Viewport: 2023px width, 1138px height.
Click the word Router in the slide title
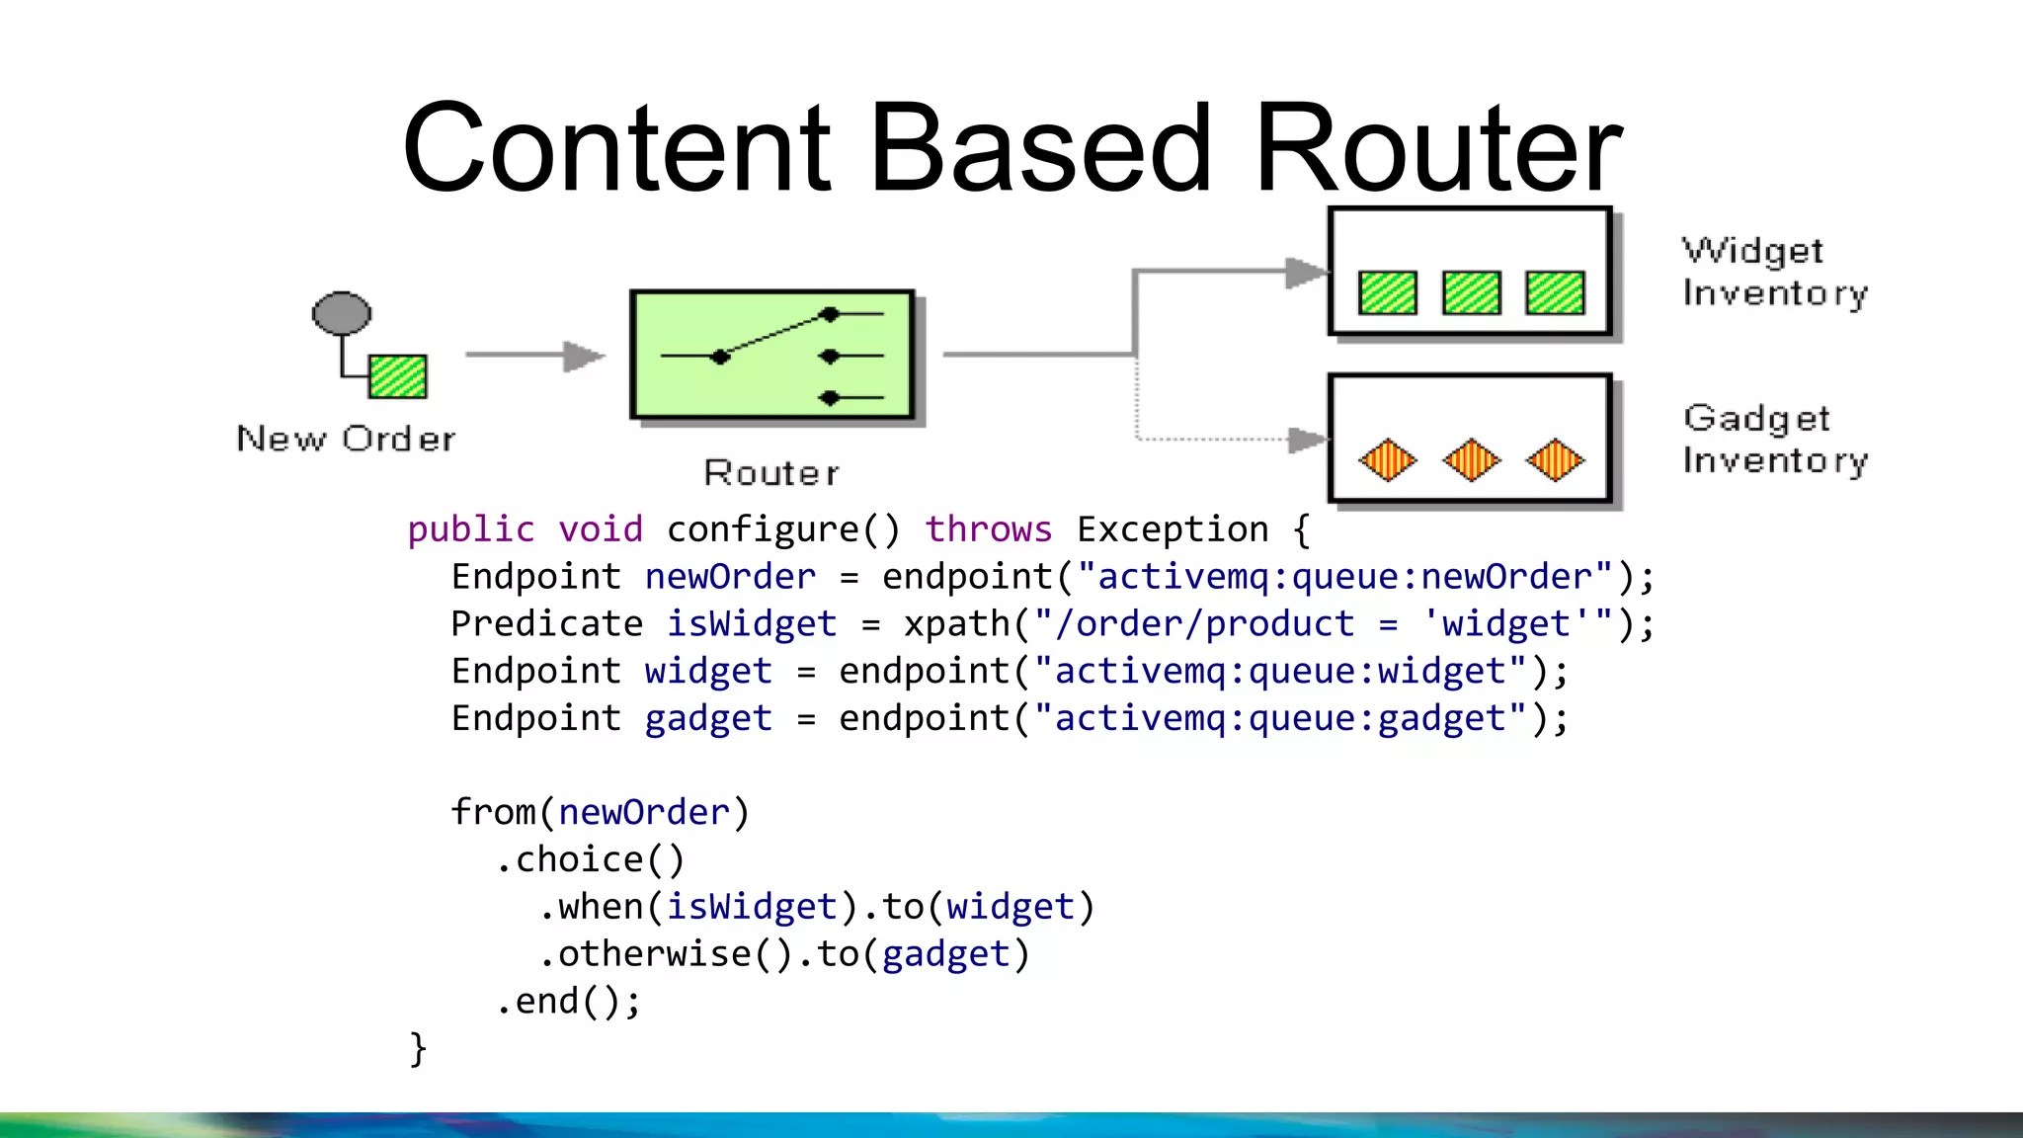(1438, 150)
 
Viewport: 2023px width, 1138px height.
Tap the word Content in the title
(616, 150)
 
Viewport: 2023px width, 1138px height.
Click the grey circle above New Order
(342, 313)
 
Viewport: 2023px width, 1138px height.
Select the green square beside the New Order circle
(398, 376)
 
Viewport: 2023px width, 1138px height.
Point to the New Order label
(347, 439)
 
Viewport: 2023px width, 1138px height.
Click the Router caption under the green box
(771, 473)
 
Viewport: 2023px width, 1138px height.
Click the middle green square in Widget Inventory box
(1471, 292)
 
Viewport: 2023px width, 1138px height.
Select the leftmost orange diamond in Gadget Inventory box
(1388, 460)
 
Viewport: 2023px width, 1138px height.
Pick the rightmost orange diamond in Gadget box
(1555, 460)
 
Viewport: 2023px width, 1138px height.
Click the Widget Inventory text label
(1774, 272)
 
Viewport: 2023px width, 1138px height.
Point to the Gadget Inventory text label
(1774, 440)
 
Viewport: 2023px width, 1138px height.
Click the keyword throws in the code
(989, 530)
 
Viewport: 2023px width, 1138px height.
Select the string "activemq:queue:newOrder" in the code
(1344, 577)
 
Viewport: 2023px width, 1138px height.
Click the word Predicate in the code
(547, 624)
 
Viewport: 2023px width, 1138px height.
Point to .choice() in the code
(590, 860)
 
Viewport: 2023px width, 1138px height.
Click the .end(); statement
(568, 1002)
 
